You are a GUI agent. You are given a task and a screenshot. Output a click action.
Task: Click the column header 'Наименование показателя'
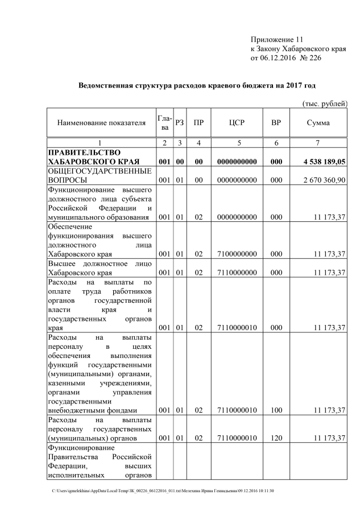97,123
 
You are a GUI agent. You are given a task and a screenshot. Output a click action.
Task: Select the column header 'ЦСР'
236,123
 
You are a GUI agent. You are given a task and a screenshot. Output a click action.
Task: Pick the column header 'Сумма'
318,123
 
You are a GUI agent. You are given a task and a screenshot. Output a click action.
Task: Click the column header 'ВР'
276,123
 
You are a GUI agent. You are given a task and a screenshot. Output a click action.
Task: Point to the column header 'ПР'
198,123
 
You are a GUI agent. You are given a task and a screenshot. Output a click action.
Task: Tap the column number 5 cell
236,143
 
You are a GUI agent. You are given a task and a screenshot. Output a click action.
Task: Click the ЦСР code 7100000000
236,254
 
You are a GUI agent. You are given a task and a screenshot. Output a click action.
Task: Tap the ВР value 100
276,410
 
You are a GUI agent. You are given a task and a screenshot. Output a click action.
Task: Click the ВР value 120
276,438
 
